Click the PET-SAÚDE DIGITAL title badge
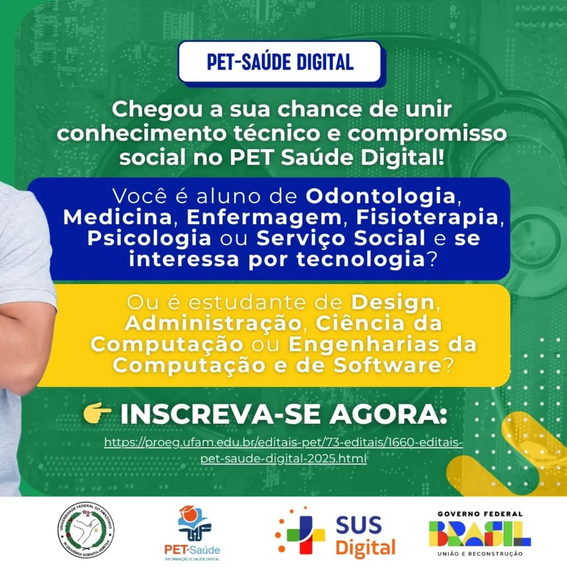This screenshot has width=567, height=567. click(280, 62)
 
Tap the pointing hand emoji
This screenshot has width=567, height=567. click(97, 413)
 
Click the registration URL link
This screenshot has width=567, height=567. click(283, 450)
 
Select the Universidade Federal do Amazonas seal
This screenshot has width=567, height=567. click(87, 530)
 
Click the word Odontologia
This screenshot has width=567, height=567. click(381, 196)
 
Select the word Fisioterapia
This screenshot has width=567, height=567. click(427, 217)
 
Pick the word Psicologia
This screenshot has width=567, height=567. click(149, 238)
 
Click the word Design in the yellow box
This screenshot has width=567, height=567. click(393, 302)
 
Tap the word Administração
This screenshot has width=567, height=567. click(213, 323)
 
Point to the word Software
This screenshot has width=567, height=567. click(387, 365)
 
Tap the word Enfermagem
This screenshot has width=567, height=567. click(264, 217)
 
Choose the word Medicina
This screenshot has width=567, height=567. click(118, 217)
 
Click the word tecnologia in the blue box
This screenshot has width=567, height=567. click(361, 259)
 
